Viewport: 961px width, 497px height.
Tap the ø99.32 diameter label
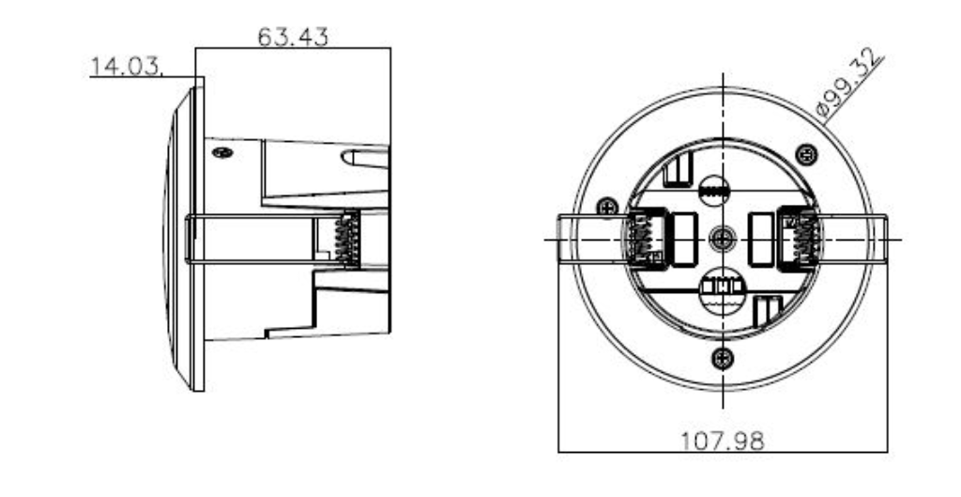(850, 85)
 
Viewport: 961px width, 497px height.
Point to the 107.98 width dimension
(722, 439)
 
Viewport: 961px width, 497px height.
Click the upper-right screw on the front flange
(804, 153)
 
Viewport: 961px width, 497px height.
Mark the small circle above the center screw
(716, 189)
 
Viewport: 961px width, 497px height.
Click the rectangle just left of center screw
(686, 229)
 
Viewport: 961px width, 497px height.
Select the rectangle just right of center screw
(758, 229)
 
